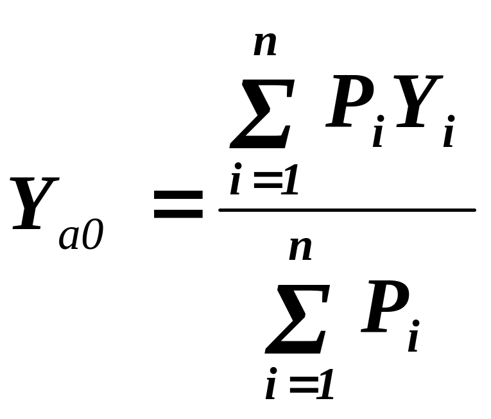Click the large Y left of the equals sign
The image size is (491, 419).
click(x=35, y=203)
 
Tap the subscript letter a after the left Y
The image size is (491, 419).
click(x=69, y=238)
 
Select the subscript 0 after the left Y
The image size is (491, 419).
click(x=92, y=237)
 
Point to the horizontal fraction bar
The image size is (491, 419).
click(x=347, y=210)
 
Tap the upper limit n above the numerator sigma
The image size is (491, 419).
click(x=266, y=45)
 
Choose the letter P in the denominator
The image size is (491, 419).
click(x=385, y=307)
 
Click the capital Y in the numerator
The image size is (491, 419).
click(x=418, y=103)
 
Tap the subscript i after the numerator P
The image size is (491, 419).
click(x=379, y=133)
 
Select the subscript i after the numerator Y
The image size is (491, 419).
click(x=449, y=133)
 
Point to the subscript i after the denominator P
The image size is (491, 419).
click(x=413, y=338)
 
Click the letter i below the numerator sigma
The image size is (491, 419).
click(x=236, y=182)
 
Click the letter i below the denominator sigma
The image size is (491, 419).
click(x=271, y=387)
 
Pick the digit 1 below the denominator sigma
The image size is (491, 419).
click(x=325, y=387)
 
